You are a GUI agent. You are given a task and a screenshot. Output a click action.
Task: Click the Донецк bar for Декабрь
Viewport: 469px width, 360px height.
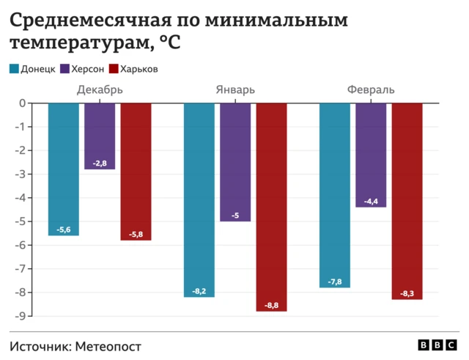click(x=64, y=169)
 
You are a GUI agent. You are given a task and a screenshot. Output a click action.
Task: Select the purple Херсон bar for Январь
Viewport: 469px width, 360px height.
click(x=235, y=161)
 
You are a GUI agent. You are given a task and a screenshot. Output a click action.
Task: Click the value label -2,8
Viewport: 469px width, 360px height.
click(x=100, y=163)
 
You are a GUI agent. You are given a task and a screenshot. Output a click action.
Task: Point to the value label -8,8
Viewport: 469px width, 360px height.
click(x=271, y=305)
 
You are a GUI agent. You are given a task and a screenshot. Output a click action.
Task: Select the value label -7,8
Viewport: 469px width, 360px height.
click(x=335, y=282)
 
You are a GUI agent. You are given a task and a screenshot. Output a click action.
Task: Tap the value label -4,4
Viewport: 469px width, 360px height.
click(x=371, y=201)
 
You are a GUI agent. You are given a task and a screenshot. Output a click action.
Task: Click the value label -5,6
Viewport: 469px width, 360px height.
click(x=64, y=229)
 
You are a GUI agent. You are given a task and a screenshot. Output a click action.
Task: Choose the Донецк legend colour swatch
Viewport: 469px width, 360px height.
click(x=15, y=69)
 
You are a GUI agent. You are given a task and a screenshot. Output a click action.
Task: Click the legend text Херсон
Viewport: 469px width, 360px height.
click(x=87, y=69)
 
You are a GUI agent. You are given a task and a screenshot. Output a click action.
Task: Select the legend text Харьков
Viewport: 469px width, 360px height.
click(x=139, y=69)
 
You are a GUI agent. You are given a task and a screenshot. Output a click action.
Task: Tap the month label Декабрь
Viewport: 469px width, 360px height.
click(x=100, y=90)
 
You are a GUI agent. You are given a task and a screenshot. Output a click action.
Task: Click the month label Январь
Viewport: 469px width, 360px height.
click(x=235, y=90)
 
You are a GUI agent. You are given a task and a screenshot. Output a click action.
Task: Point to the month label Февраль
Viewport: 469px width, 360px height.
click(x=371, y=90)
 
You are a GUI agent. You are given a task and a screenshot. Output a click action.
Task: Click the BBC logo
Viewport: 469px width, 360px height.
click(x=437, y=345)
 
